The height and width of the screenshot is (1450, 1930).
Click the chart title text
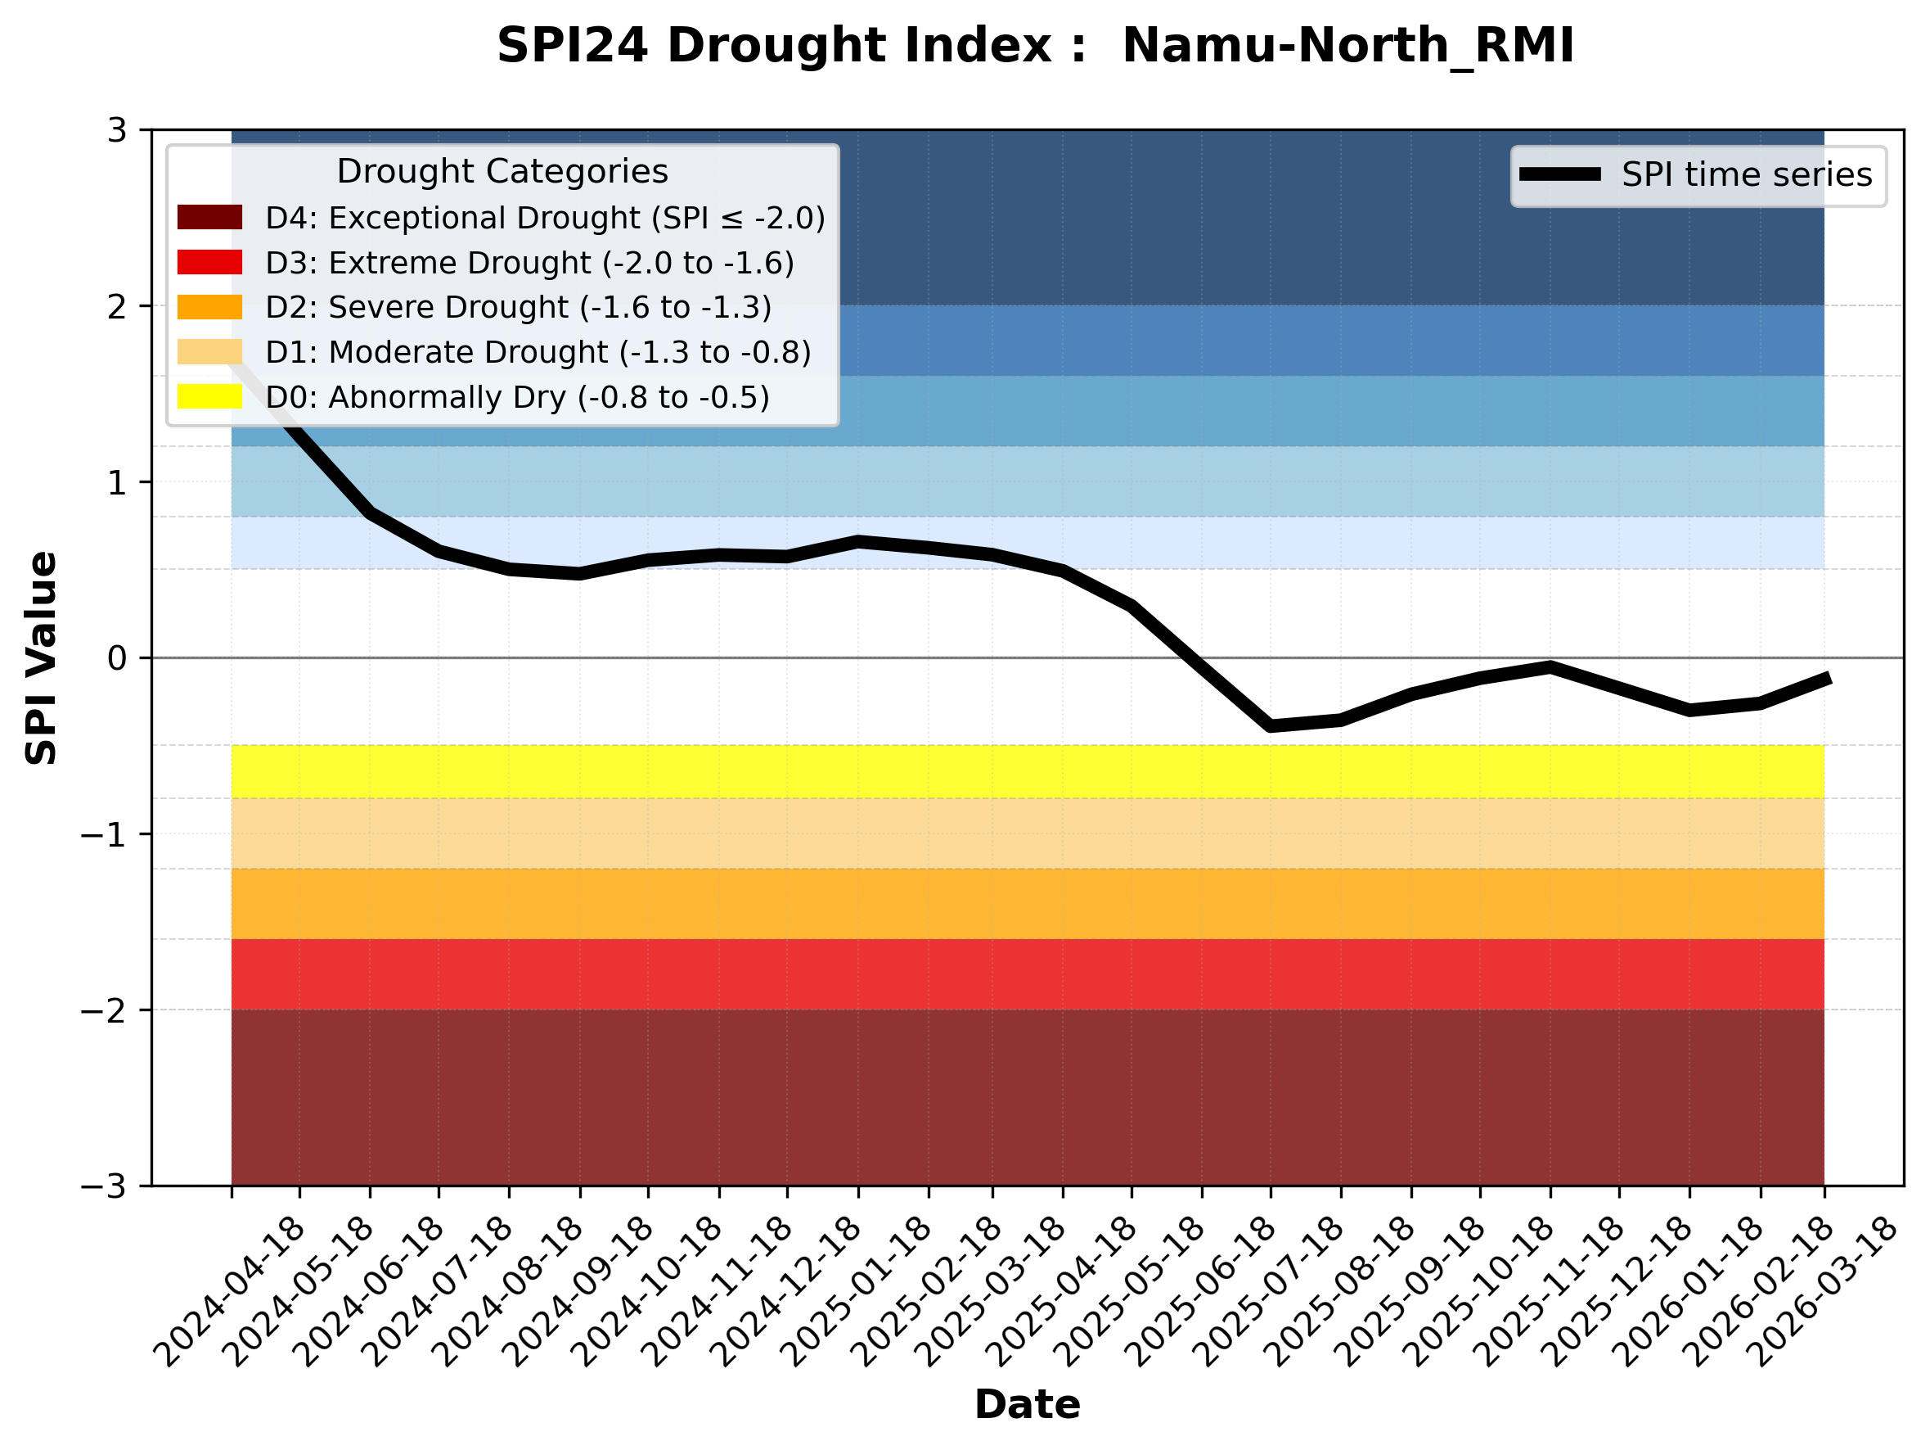coord(1035,45)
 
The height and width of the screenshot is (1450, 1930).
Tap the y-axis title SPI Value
coord(41,658)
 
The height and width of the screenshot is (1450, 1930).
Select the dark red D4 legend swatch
coord(209,217)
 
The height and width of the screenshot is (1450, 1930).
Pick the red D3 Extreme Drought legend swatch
coord(209,262)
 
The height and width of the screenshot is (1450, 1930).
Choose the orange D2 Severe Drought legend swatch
coord(209,307)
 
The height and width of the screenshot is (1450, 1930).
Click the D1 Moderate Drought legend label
coord(538,352)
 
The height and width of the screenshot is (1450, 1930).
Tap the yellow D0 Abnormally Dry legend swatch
coord(209,396)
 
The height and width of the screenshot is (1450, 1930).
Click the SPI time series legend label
coord(1746,174)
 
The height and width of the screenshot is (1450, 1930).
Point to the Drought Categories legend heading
coord(502,171)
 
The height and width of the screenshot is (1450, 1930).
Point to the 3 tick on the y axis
coord(117,130)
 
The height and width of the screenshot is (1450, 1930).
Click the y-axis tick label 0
coord(117,658)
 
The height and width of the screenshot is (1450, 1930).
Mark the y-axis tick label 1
coord(117,483)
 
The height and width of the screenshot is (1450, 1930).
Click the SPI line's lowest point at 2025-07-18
coord(1271,725)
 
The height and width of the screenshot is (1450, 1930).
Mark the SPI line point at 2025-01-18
coord(858,542)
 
